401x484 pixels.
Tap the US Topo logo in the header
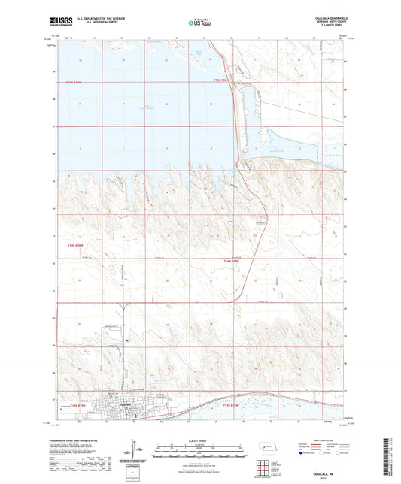(199, 23)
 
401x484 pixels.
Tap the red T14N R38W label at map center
(234, 261)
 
